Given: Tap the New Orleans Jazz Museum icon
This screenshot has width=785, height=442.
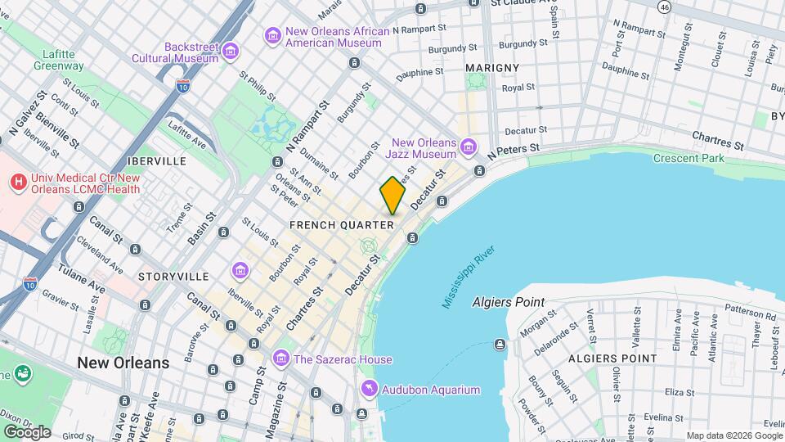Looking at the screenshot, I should pos(468,147).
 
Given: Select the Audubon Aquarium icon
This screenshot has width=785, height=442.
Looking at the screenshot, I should pos(370,390).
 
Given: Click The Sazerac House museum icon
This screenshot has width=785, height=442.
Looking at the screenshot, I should pos(281,359).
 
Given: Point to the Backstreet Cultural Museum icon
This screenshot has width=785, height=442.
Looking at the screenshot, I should pos(231,52).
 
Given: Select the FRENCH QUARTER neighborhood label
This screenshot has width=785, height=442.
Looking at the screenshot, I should pos(343,224).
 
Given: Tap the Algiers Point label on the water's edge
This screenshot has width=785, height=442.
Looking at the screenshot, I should pos(508,302).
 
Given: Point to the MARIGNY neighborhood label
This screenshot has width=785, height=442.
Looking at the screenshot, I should pos(492,66).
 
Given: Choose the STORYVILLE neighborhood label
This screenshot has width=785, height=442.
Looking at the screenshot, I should pos(173,277).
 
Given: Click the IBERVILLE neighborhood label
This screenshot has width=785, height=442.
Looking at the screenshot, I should pos(155,161).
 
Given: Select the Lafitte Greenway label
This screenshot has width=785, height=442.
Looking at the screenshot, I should pos(58,60).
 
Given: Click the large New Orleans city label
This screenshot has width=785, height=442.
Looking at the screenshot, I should pos(123,362).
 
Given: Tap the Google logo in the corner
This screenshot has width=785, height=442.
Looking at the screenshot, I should pos(26,431).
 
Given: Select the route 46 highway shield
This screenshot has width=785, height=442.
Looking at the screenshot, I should pos(664,7).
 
